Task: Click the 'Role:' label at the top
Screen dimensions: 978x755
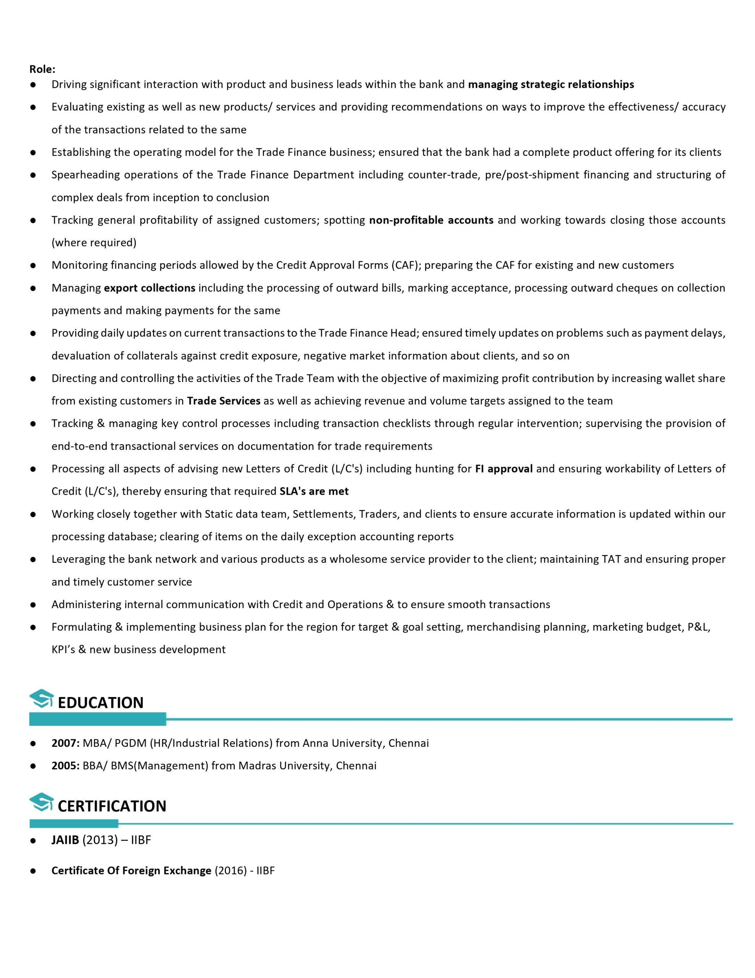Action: tap(42, 69)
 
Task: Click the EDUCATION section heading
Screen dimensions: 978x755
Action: tap(100, 702)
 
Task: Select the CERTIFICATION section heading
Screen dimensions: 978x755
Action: tap(112, 806)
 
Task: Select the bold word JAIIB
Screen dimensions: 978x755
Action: tap(65, 840)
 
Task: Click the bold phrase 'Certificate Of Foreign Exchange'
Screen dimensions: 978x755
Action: tap(131, 871)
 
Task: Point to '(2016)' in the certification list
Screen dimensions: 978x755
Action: tap(231, 871)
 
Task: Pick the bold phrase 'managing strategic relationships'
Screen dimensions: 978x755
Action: tap(550, 84)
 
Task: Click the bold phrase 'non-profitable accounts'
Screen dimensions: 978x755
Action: tap(431, 220)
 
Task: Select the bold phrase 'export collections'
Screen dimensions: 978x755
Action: tap(150, 288)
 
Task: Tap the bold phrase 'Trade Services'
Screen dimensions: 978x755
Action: tap(223, 400)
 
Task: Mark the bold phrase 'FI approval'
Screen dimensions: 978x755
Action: tap(503, 468)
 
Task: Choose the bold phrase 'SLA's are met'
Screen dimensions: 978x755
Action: tap(314, 491)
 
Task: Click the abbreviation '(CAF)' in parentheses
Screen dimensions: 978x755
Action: tap(405, 265)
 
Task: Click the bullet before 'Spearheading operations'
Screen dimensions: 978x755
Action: tap(33, 175)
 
